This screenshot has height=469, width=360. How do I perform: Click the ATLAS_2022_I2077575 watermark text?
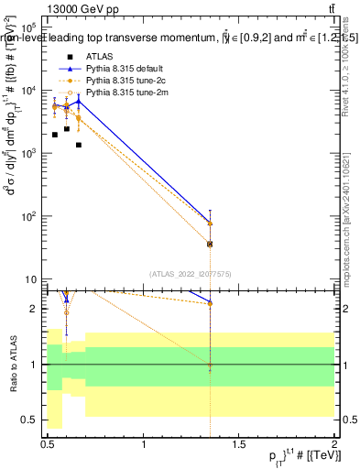click(190, 273)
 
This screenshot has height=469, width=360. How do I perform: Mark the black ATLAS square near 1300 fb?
click(79, 145)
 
